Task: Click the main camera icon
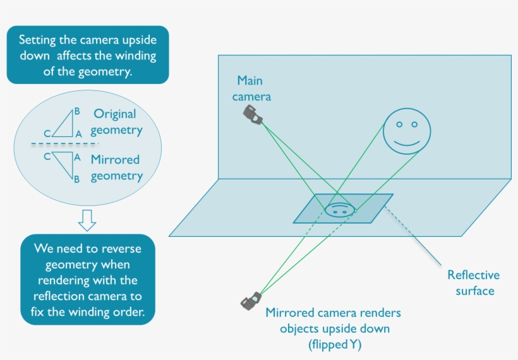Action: (x=253, y=115)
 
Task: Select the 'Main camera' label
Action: (x=251, y=88)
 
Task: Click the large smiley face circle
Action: (x=406, y=130)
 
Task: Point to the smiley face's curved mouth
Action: (x=406, y=143)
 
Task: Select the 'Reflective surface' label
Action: (x=473, y=282)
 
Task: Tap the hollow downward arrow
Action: (x=87, y=220)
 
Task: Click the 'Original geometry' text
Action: (x=116, y=122)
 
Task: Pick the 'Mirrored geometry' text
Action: (x=116, y=167)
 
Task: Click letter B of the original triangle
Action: (x=77, y=111)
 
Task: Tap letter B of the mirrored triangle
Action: (x=76, y=179)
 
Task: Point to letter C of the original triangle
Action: (x=47, y=134)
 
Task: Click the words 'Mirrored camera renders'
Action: (x=333, y=313)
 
